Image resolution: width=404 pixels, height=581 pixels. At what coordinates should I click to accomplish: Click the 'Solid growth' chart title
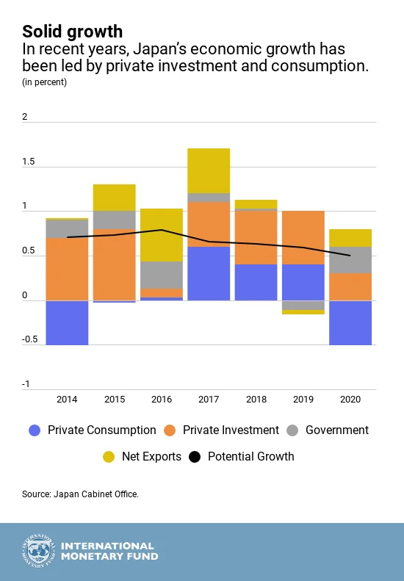click(x=72, y=31)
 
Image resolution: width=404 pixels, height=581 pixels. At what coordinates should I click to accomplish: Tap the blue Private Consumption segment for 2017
click(x=209, y=273)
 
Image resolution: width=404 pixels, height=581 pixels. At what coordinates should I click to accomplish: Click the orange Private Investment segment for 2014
click(x=67, y=269)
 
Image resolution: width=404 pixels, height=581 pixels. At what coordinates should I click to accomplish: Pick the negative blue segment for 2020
click(x=350, y=322)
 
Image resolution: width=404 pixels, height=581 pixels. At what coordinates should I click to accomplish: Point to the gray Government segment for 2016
click(x=162, y=275)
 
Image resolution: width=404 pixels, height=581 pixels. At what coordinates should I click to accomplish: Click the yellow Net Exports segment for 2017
click(x=209, y=170)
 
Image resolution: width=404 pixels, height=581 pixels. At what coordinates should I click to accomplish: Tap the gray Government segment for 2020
click(x=350, y=260)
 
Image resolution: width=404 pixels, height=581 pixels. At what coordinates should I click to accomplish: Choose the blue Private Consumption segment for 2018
click(x=256, y=282)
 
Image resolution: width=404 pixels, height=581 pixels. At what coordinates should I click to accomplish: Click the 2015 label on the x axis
click(x=114, y=399)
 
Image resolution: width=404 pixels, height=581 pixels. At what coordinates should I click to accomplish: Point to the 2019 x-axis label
click(x=303, y=399)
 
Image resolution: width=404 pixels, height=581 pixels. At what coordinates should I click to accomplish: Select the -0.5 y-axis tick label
click(x=29, y=339)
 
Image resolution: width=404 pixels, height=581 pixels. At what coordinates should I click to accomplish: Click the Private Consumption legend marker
click(x=35, y=430)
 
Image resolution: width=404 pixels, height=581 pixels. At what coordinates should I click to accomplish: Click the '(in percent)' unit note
click(x=44, y=82)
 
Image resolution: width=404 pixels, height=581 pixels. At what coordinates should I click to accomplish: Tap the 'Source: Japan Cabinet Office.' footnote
click(x=80, y=494)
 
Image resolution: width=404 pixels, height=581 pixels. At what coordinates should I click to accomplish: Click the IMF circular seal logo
click(x=38, y=552)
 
